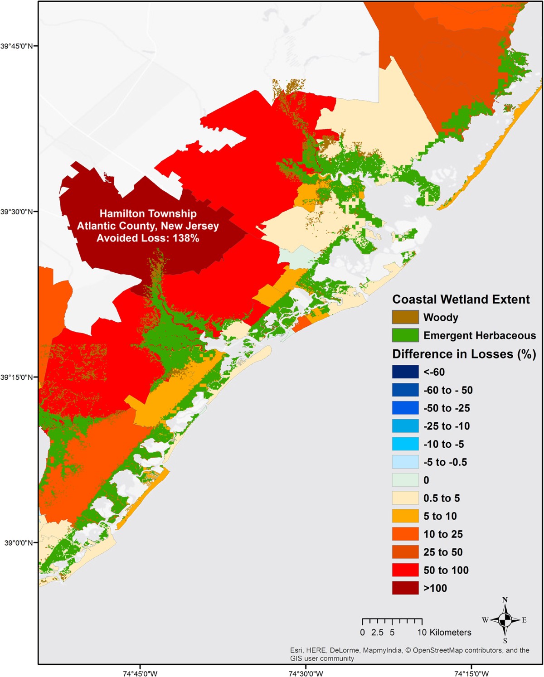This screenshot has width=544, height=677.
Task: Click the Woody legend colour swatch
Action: (x=405, y=317)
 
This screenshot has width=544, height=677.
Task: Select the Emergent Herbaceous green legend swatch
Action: (x=405, y=335)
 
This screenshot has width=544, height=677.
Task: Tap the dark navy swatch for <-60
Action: (x=405, y=372)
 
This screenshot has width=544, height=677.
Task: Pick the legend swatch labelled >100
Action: (x=405, y=588)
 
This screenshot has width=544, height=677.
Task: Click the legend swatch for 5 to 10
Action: (x=405, y=516)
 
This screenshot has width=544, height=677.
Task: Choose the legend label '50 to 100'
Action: (x=446, y=570)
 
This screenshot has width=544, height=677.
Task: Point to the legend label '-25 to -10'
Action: (x=447, y=426)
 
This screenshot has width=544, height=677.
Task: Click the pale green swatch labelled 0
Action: (x=405, y=480)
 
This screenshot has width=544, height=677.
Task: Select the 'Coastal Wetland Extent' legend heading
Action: (x=461, y=300)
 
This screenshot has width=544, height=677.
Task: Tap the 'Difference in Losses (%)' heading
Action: (x=464, y=354)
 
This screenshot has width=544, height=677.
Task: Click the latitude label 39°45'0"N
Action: (x=19, y=46)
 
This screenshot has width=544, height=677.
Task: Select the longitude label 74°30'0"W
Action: (x=306, y=673)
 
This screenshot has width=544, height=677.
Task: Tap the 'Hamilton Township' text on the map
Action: (x=148, y=213)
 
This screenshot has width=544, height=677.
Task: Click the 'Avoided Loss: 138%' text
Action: (x=148, y=238)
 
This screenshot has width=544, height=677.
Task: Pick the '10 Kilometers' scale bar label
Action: (x=444, y=632)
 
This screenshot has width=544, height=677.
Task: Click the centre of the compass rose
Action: (x=505, y=619)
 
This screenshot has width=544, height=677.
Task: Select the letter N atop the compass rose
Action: (x=505, y=600)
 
